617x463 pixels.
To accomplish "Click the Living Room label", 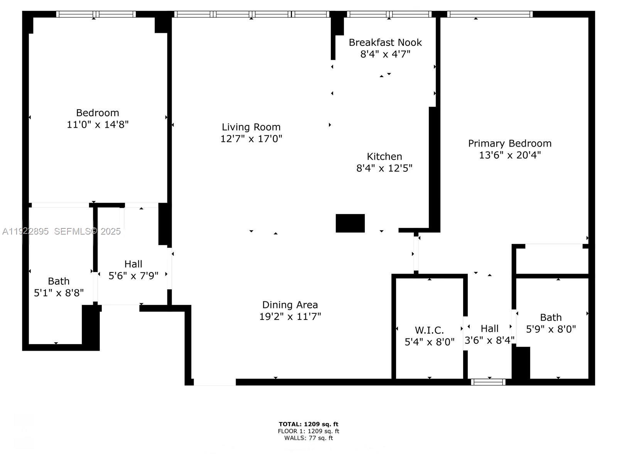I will tap(251, 127).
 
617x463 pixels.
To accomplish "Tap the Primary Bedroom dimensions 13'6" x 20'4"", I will tap(509, 155).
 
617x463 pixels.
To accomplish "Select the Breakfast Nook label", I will tap(385, 42).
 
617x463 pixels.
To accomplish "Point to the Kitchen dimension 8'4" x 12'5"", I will tap(384, 168).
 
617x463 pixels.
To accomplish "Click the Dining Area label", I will tap(290, 305).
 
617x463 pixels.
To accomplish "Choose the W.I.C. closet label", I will tap(429, 330).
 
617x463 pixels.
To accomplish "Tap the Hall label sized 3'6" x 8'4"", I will tap(489, 329).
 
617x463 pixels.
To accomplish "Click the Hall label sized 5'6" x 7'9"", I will tap(133, 264).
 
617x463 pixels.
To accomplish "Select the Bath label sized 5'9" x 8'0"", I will tap(551, 318).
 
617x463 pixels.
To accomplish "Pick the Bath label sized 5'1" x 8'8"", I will tap(59, 281).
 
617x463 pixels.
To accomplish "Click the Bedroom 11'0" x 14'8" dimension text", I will tap(97, 125).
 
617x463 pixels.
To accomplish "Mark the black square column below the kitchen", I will tap(350, 223).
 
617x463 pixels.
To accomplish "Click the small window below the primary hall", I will tap(488, 382).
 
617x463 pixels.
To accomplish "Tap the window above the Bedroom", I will tap(96, 14).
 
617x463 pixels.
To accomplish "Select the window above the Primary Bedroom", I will tap(489, 14).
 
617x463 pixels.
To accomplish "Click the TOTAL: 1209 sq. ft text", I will tap(308, 424).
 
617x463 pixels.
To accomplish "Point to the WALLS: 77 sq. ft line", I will tap(308, 438).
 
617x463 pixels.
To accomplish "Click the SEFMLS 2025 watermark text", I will tap(87, 231).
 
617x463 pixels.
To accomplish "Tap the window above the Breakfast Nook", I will tap(389, 14).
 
